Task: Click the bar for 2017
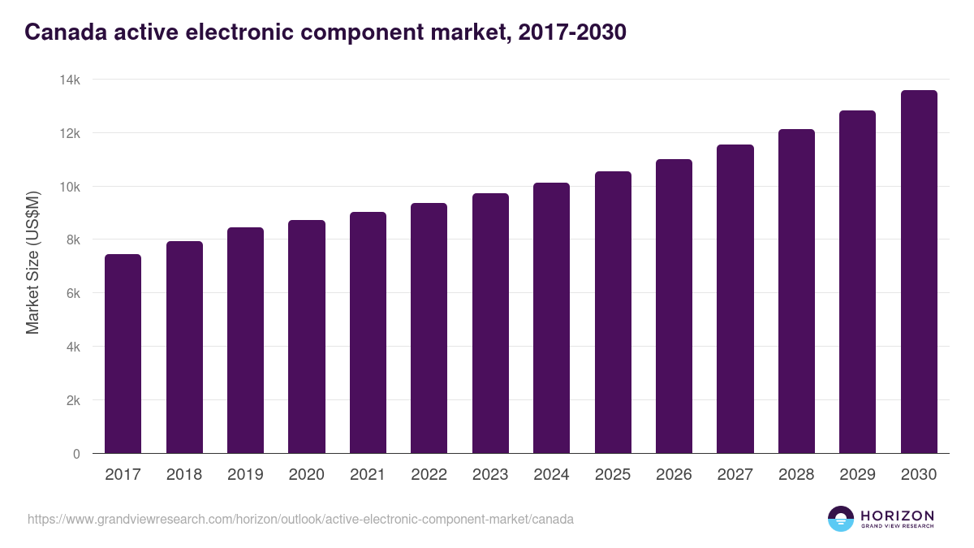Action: tap(123, 354)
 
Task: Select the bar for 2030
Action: tap(919, 272)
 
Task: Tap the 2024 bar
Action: tap(551, 318)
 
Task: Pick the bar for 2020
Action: tap(307, 337)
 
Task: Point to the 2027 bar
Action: tap(735, 299)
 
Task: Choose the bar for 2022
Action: tap(429, 328)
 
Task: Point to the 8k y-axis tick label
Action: tap(72, 239)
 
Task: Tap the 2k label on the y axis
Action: tap(72, 400)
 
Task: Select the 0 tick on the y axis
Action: tap(76, 454)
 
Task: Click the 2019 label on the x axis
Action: tap(245, 475)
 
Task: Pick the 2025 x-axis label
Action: tap(612, 475)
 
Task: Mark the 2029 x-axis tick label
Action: tap(857, 475)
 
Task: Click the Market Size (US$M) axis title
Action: tap(32, 261)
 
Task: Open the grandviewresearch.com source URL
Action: tap(300, 519)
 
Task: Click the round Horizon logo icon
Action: tap(840, 519)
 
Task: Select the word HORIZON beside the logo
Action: tap(897, 515)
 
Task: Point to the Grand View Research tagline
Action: tap(897, 527)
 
